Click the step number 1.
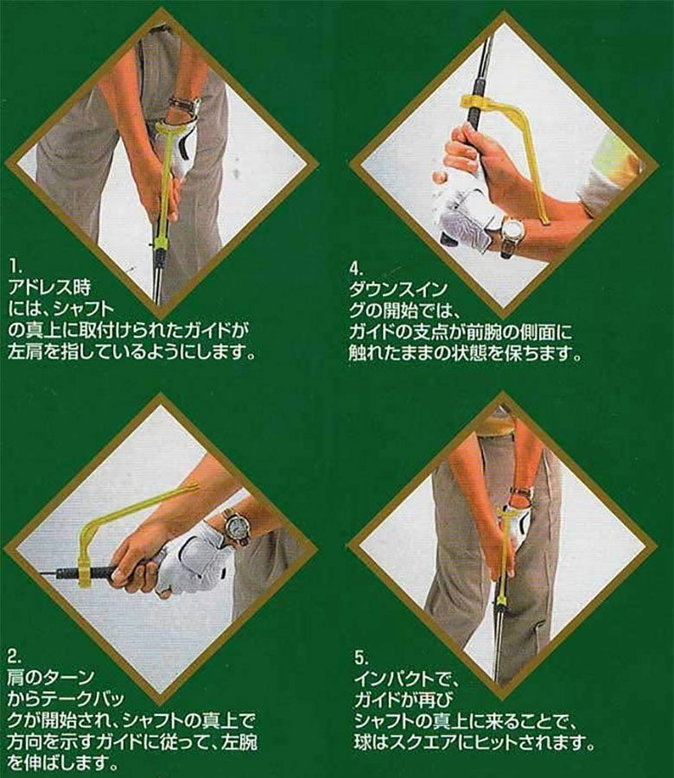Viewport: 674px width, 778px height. click(x=14, y=268)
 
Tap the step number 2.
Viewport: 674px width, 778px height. click(x=14, y=657)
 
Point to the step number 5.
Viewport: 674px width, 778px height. click(x=361, y=659)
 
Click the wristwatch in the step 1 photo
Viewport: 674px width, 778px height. click(x=187, y=105)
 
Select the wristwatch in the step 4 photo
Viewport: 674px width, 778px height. click(x=512, y=233)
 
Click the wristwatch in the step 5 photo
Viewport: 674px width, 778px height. click(x=522, y=493)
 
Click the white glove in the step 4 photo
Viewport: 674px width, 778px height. click(x=463, y=218)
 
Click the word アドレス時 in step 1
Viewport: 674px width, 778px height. click(x=49, y=288)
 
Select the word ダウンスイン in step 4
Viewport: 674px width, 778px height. click(x=398, y=289)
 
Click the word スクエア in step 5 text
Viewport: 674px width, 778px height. click(x=427, y=743)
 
